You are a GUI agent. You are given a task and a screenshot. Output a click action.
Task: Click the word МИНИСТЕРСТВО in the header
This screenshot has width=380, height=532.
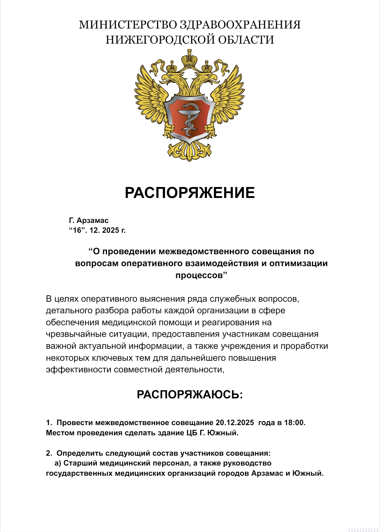click(128, 25)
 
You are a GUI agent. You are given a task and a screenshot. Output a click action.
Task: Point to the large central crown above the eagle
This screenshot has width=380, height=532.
click(190, 58)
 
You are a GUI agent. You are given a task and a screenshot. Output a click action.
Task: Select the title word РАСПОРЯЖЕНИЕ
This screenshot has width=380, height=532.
click(190, 193)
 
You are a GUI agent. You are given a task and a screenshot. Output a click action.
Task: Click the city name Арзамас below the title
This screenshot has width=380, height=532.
click(93, 220)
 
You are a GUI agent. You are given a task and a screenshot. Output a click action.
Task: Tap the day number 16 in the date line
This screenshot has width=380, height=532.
click(77, 231)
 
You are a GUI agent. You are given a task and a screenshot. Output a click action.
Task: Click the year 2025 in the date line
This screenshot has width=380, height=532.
click(110, 231)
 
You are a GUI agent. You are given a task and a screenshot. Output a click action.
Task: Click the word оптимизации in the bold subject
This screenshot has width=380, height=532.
click(298, 263)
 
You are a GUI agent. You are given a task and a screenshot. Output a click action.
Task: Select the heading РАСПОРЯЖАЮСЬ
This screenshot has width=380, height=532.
click(190, 395)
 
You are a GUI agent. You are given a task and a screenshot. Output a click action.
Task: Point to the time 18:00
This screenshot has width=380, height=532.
click(294, 423)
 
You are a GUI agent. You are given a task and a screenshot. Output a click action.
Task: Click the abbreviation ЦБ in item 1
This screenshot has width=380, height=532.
click(192, 433)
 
